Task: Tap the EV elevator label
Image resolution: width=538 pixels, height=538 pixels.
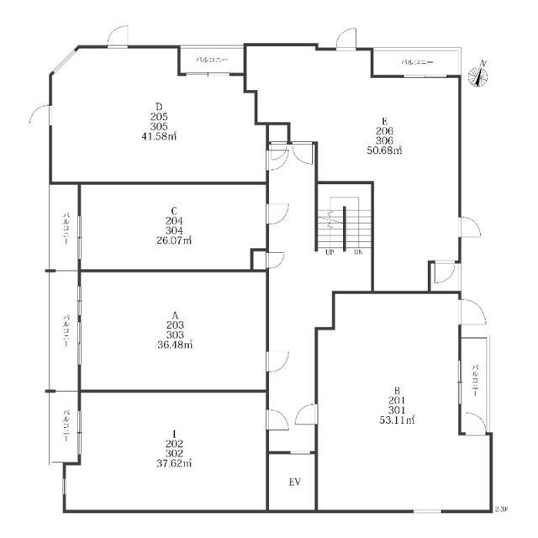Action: click(294, 483)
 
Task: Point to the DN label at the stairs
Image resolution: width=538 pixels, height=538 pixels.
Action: click(357, 251)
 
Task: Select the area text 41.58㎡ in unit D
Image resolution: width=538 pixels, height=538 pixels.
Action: click(160, 136)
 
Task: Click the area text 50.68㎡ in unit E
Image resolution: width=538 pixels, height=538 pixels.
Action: click(384, 151)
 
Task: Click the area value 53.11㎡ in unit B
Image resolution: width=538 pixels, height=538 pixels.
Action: click(396, 420)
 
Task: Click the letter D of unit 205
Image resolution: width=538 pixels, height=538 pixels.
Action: click(160, 106)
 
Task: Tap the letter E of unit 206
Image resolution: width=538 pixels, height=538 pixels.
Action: click(384, 121)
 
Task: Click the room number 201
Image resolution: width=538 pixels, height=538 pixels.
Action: click(396, 400)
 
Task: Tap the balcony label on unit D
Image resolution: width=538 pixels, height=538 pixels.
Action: click(210, 61)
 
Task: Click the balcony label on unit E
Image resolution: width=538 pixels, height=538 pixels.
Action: click(416, 62)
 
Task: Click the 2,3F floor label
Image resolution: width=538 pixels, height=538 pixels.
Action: click(501, 509)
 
